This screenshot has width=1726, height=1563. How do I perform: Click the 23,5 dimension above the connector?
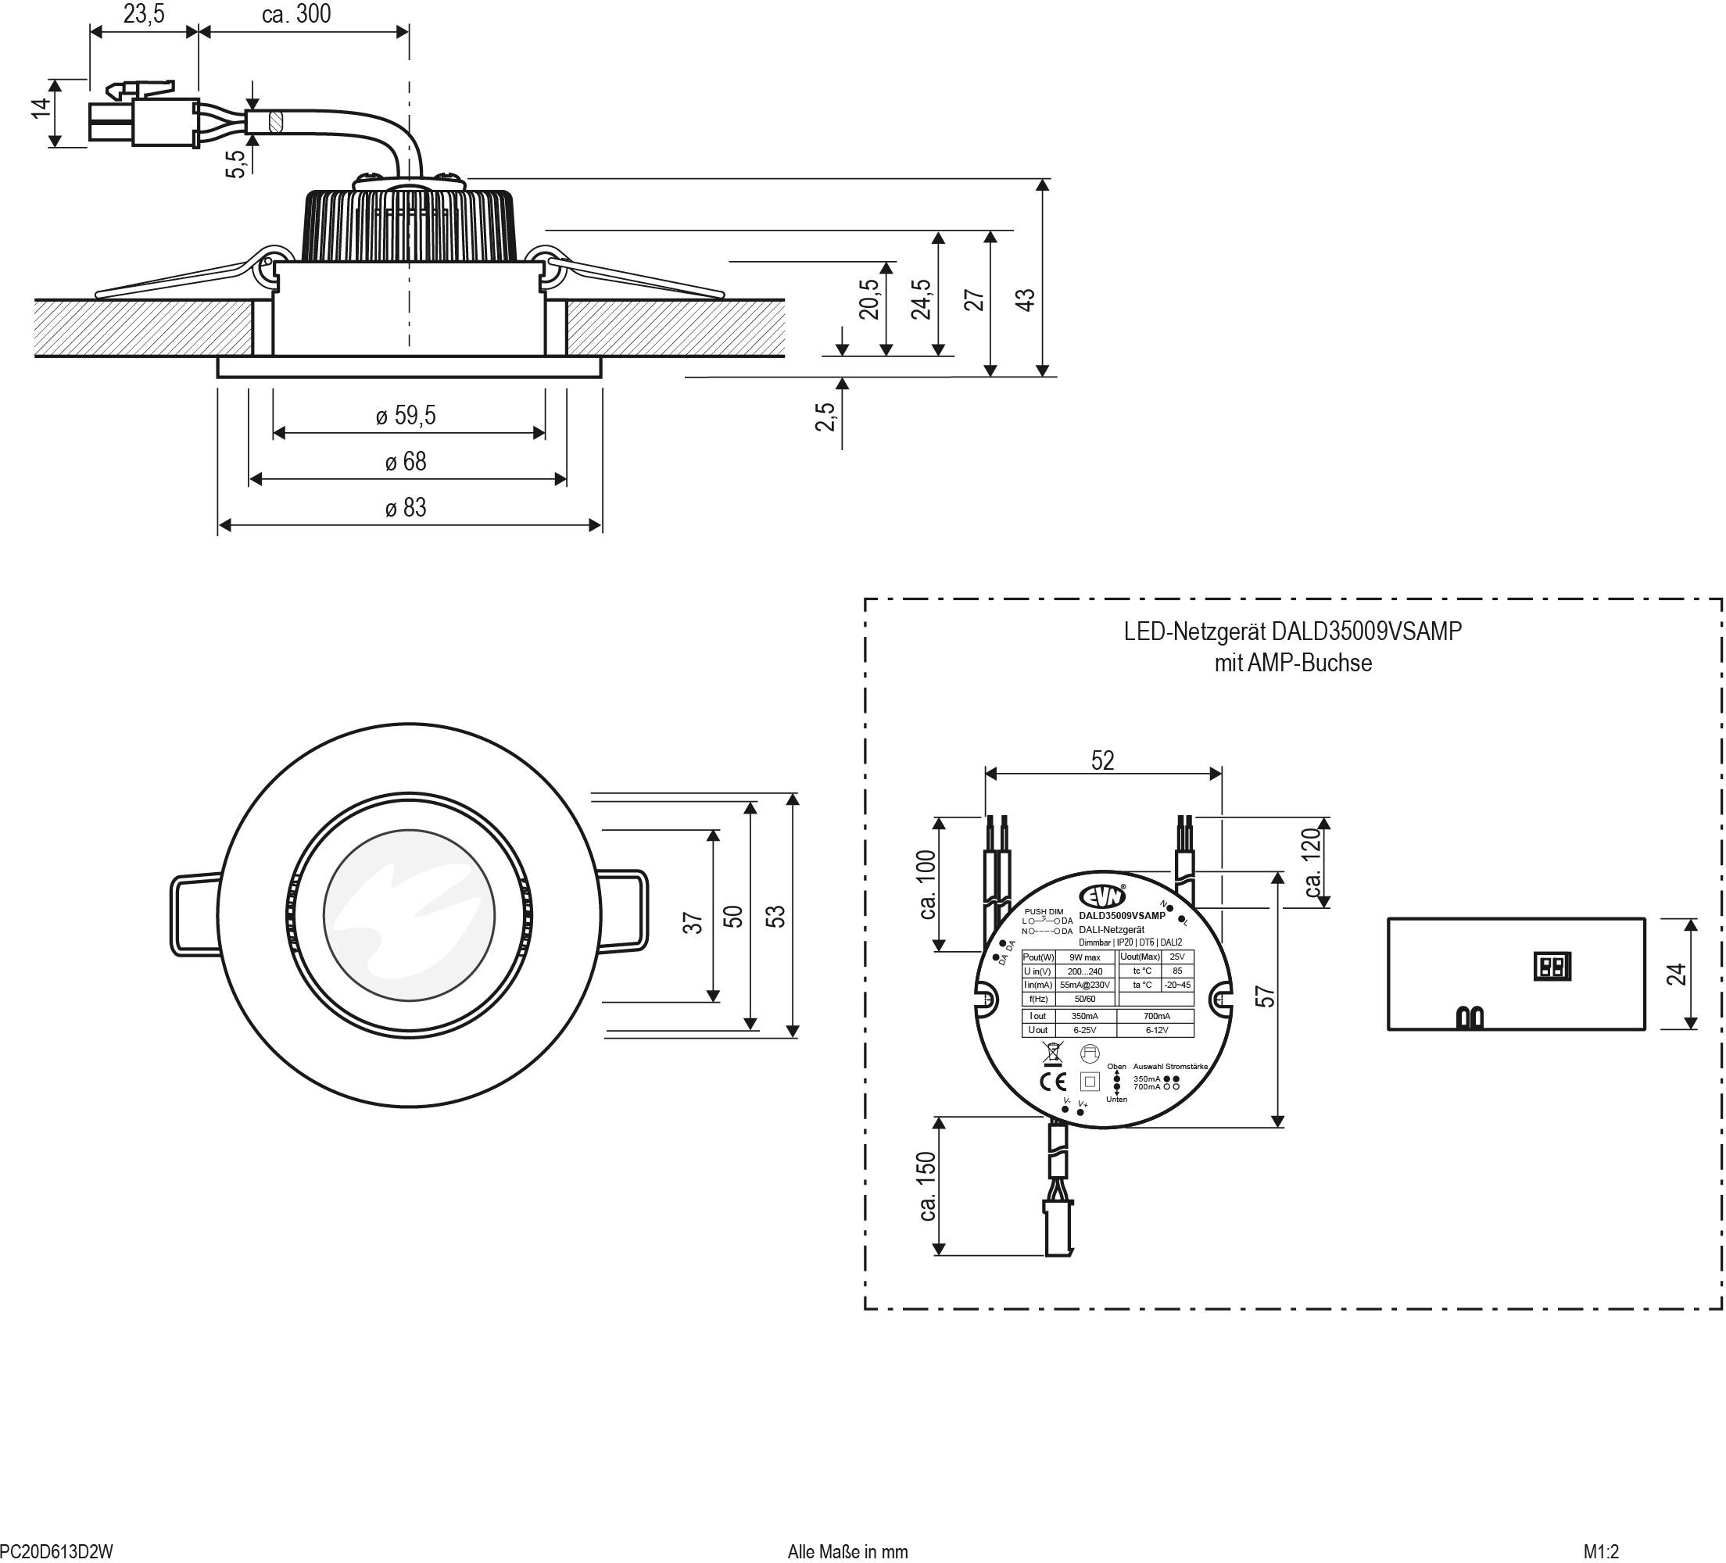tap(143, 14)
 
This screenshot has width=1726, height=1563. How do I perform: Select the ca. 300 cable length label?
tap(296, 14)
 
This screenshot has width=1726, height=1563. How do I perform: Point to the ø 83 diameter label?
tap(406, 508)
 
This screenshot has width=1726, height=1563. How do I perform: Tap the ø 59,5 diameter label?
tap(406, 415)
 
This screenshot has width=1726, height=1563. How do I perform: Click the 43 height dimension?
tap(1025, 299)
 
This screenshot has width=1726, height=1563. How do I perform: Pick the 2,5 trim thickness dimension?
tap(825, 417)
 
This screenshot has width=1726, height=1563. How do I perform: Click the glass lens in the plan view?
tap(410, 915)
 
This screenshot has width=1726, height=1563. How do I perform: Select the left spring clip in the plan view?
tap(195, 914)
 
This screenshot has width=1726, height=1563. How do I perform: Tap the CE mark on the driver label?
tap(1052, 1081)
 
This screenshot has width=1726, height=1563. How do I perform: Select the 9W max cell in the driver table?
tap(1085, 957)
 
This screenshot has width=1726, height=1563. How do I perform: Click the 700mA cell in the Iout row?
tap(1156, 1016)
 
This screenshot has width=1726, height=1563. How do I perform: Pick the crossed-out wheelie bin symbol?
tap(1052, 1053)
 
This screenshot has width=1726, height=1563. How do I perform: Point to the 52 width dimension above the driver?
tap(1103, 760)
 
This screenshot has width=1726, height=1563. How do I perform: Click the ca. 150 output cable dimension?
tap(927, 1186)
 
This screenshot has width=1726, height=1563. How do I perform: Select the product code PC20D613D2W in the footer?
tap(56, 1552)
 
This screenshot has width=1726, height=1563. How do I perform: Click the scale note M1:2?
tap(1601, 1552)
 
